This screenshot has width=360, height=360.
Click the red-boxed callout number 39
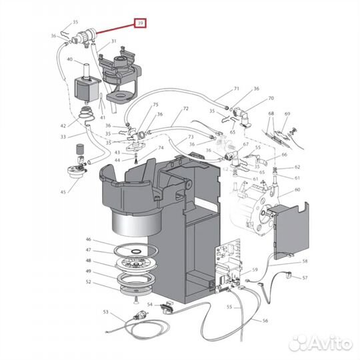click(x=140, y=23)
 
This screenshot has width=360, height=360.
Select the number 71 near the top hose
click(x=236, y=89)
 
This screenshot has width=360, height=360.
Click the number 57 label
click(x=305, y=277)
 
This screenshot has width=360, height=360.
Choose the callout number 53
click(x=105, y=311)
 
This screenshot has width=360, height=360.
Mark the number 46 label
click(x=88, y=239)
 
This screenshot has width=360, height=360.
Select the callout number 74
click(x=161, y=148)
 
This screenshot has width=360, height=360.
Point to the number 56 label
click(x=265, y=321)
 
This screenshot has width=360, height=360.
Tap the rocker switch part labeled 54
click(x=167, y=307)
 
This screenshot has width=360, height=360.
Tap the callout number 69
click(x=288, y=114)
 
